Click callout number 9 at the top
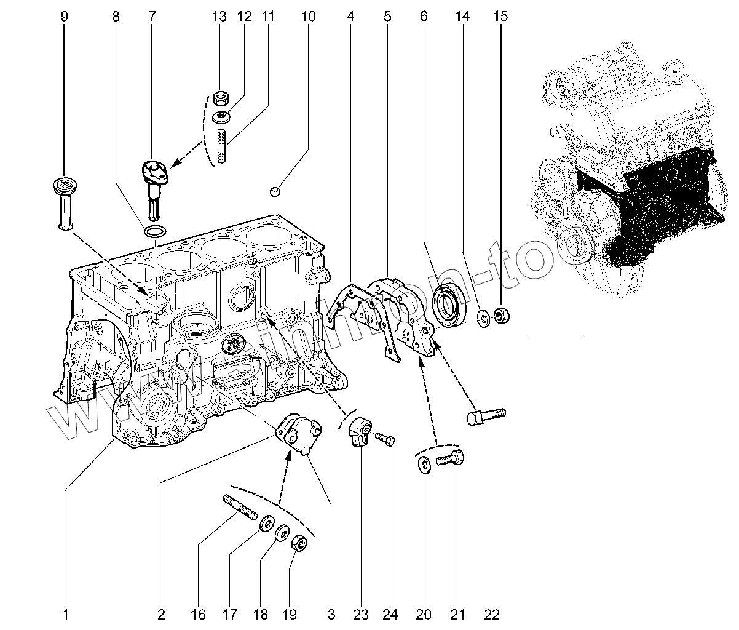click(65, 17)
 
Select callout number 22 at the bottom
click(491, 613)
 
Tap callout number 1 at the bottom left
click(65, 613)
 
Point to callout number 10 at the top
click(308, 17)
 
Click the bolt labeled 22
click(486, 417)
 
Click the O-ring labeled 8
click(154, 231)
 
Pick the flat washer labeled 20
click(423, 465)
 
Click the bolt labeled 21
click(451, 459)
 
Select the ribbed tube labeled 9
click(63, 204)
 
